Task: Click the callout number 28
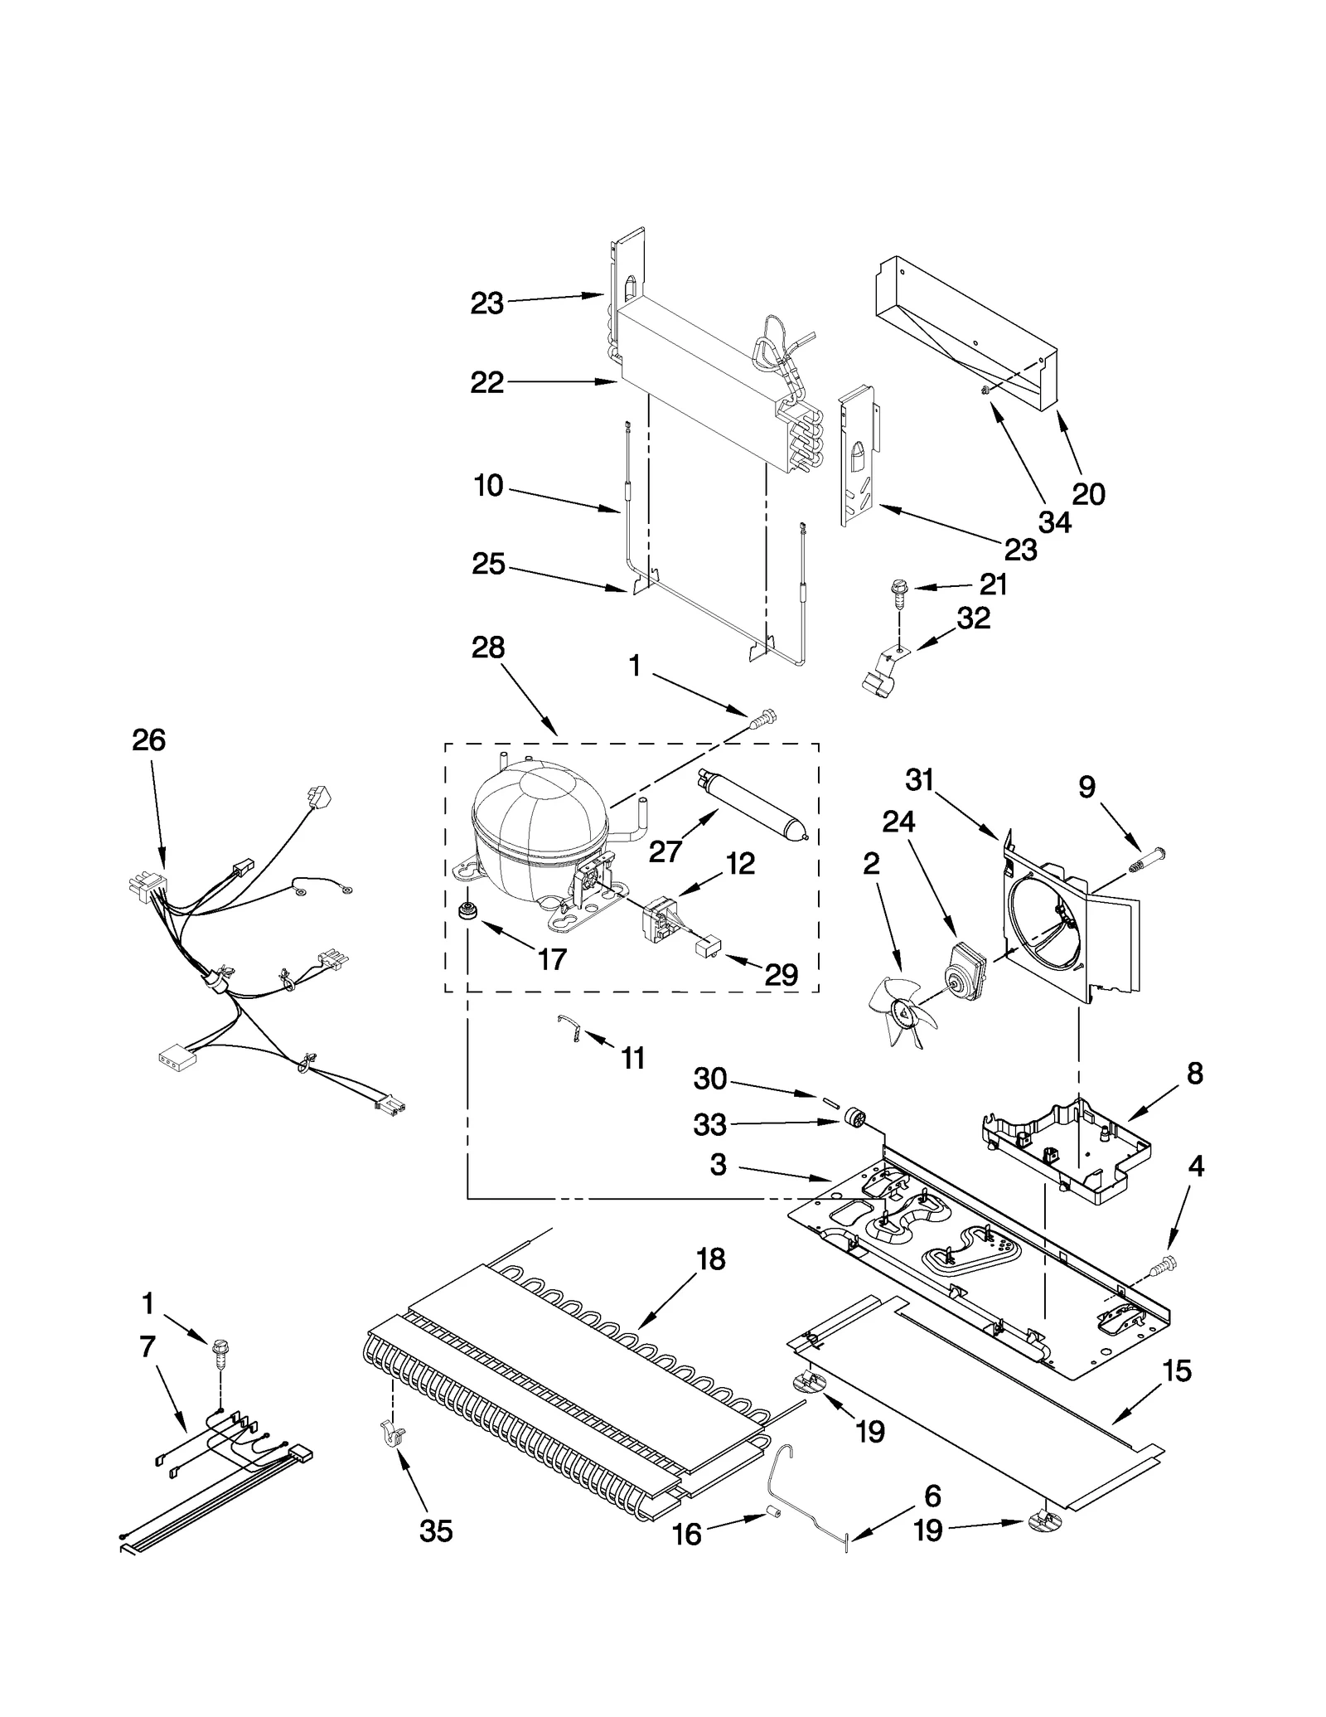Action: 488,648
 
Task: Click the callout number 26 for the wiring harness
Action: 149,740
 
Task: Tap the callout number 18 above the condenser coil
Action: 711,1259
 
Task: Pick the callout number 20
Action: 1089,494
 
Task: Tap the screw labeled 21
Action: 898,590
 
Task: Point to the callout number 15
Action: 1177,1371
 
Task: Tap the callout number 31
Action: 920,780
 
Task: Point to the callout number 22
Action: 487,382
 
